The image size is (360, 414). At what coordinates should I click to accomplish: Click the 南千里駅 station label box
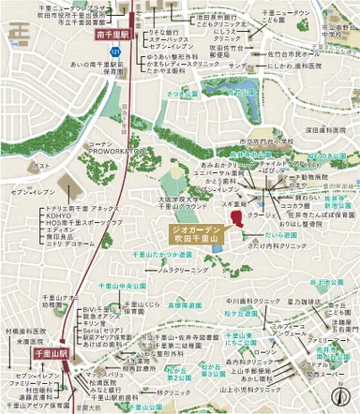[115, 34]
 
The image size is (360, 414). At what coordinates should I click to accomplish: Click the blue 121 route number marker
[115, 50]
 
